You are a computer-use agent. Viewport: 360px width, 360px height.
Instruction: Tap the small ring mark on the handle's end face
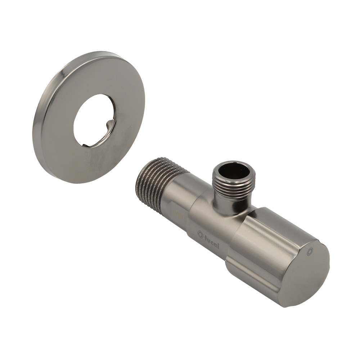[310, 251]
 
